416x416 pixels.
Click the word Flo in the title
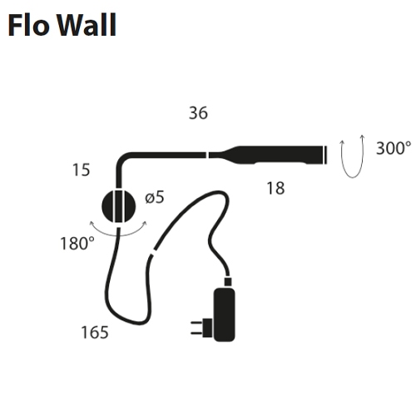click(27, 25)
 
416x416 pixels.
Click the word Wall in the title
click(87, 25)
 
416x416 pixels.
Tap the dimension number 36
click(198, 113)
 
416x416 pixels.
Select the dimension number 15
click(81, 170)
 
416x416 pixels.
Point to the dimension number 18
click(275, 188)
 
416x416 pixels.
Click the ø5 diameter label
click(155, 197)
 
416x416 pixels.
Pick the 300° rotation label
click(394, 148)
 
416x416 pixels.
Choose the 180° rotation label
click(77, 244)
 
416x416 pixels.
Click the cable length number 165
click(95, 332)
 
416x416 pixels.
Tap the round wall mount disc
click(119, 206)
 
